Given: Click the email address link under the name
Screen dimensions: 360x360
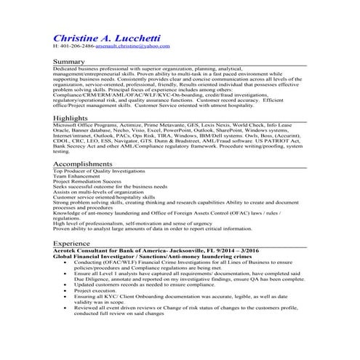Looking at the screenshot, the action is [x=133, y=46].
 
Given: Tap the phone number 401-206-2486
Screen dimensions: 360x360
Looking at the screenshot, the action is [x=76, y=46].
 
